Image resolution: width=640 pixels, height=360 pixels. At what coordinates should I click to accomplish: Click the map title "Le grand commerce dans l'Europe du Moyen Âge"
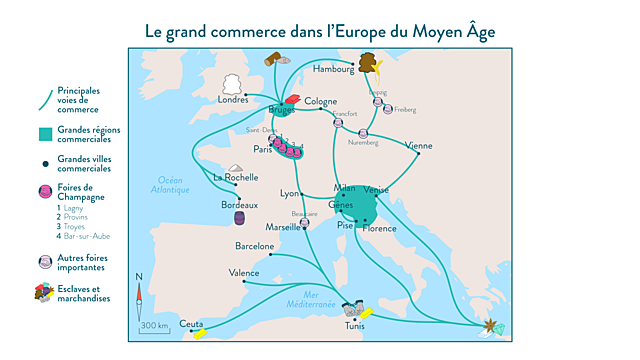pyautogui.click(x=319, y=31)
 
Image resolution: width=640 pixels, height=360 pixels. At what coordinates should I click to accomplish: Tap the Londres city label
pyautogui.click(x=232, y=100)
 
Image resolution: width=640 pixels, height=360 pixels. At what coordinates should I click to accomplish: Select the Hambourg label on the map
pyautogui.click(x=333, y=70)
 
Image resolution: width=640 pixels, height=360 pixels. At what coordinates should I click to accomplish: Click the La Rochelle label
pyautogui.click(x=236, y=178)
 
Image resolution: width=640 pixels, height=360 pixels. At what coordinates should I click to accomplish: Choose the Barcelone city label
pyautogui.click(x=254, y=245)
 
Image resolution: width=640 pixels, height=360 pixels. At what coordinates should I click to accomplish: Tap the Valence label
pyautogui.click(x=244, y=272)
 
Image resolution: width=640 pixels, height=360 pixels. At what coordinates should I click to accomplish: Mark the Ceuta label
pyautogui.click(x=191, y=324)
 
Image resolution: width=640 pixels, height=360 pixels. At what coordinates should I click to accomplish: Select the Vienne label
pyautogui.click(x=420, y=145)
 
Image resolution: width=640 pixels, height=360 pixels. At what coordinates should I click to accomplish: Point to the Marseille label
pyautogui.click(x=285, y=227)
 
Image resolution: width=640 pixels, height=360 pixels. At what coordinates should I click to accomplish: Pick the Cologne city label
pyautogui.click(x=321, y=101)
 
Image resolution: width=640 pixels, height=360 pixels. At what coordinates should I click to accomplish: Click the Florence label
pyautogui.click(x=379, y=229)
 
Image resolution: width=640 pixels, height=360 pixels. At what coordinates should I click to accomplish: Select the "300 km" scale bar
pyautogui.click(x=154, y=326)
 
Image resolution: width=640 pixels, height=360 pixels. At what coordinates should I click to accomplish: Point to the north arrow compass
pyautogui.click(x=139, y=295)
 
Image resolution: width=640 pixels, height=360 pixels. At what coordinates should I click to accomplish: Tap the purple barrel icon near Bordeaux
pyautogui.click(x=240, y=218)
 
